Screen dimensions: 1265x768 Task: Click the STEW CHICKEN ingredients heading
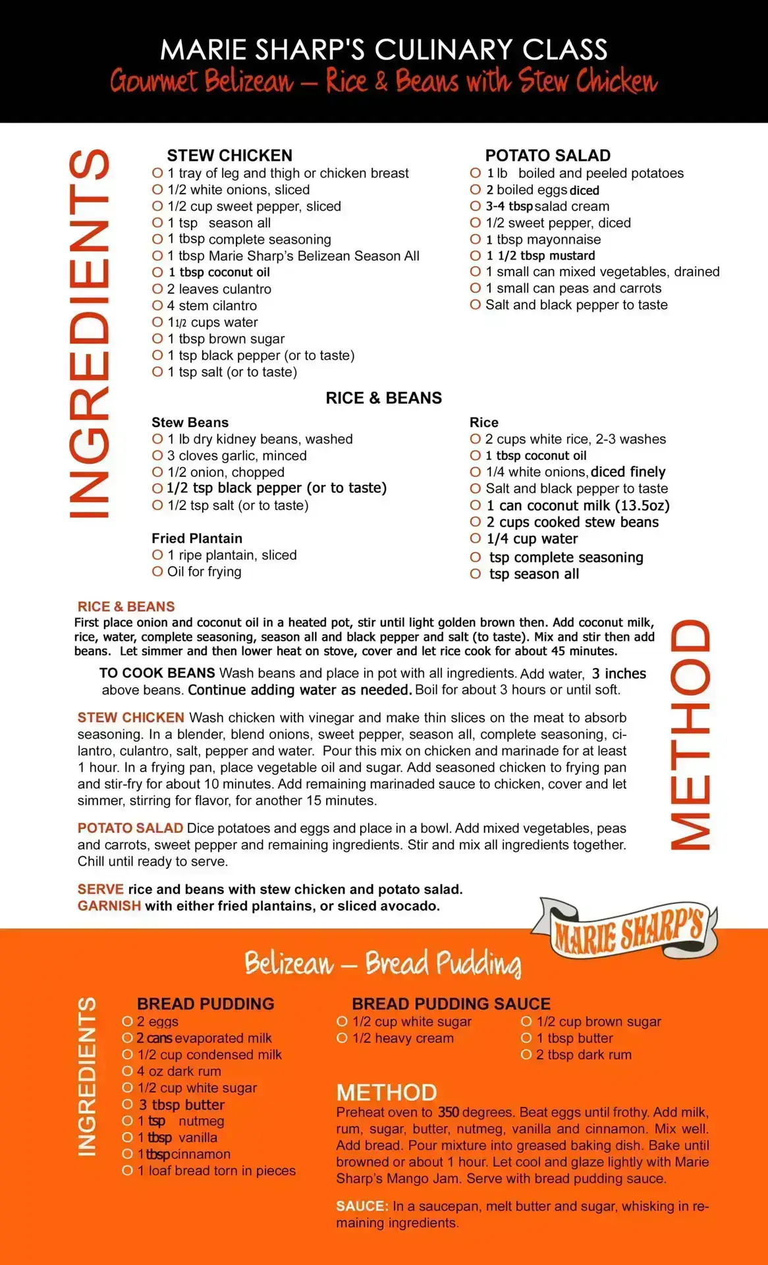tap(229, 155)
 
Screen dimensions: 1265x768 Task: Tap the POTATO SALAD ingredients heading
tap(547, 155)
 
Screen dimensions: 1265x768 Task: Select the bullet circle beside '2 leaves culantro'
tap(157, 289)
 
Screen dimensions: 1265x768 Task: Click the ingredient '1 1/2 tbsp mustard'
tap(540, 256)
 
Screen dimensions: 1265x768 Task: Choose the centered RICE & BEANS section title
tap(383, 398)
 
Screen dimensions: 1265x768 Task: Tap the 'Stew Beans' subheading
tap(190, 422)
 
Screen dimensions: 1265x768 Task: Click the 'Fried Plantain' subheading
tap(196, 538)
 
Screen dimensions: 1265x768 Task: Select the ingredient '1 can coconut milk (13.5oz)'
tap(578, 505)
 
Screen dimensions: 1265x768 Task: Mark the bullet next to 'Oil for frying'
tap(157, 571)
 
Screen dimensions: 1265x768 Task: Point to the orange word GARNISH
tap(109, 906)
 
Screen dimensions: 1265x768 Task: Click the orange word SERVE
tap(100, 889)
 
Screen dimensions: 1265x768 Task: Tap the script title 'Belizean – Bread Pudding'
tap(383, 963)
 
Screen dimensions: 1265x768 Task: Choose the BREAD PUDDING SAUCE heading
tap(451, 1004)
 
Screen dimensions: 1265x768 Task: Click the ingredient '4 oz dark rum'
tap(178, 1071)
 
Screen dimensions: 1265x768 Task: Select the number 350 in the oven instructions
tap(449, 1112)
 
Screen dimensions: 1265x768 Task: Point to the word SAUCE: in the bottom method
tap(362, 1206)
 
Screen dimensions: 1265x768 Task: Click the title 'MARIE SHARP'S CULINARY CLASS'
tap(383, 50)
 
